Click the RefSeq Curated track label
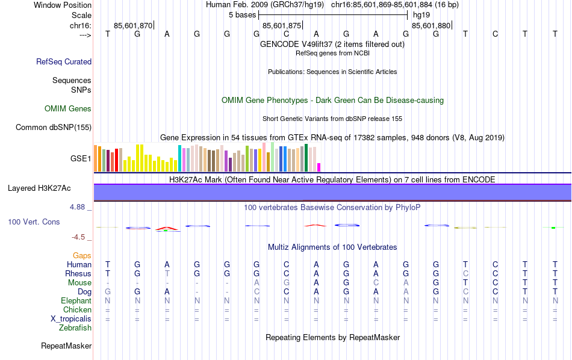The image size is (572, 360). tap(64, 61)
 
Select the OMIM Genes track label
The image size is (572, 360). tap(68, 109)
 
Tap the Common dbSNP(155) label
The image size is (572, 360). tap(54, 127)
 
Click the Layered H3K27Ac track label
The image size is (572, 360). tap(39, 188)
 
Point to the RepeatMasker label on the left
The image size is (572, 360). tap(66, 346)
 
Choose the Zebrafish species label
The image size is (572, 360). tap(75, 328)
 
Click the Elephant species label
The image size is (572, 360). tap(76, 300)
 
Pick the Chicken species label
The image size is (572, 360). tap(77, 309)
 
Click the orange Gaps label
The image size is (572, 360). tap(82, 256)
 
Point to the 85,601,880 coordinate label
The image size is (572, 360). tap(431, 25)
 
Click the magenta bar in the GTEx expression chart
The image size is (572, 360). tap(319, 167)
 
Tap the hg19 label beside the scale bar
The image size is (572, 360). tap(421, 14)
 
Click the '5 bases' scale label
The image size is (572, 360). tap(242, 14)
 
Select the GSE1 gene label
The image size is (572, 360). tap(81, 159)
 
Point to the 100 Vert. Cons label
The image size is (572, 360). tap(34, 222)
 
